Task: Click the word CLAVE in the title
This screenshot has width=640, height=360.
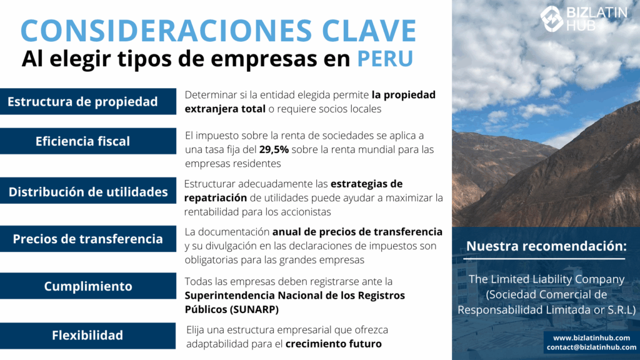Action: tap(369, 30)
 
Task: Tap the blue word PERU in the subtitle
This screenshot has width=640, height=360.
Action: tap(385, 58)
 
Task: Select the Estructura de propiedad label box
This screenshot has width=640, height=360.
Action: tap(88, 101)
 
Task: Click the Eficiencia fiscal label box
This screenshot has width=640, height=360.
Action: tap(88, 141)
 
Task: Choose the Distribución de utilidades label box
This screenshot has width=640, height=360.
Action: tap(88, 191)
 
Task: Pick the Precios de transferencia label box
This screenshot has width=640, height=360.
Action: tap(88, 239)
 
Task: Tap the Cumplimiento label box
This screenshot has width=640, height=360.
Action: tap(88, 286)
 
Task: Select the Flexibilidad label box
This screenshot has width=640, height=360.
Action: tap(87, 336)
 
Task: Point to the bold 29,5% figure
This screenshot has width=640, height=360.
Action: tap(274, 150)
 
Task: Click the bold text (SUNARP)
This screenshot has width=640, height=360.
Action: tap(254, 310)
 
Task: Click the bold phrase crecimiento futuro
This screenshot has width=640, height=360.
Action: tap(334, 344)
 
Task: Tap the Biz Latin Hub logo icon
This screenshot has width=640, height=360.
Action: tap(551, 18)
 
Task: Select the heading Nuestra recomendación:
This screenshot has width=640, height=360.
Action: tap(546, 246)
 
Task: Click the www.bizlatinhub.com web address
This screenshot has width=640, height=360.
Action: tap(591, 338)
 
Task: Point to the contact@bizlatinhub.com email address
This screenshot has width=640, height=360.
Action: tap(591, 347)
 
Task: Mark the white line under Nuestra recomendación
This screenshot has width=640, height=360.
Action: tap(544, 259)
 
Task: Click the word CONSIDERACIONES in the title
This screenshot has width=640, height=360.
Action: tap(166, 30)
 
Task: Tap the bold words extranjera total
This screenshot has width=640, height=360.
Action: tap(225, 109)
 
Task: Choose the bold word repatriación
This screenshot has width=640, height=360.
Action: tap(216, 198)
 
